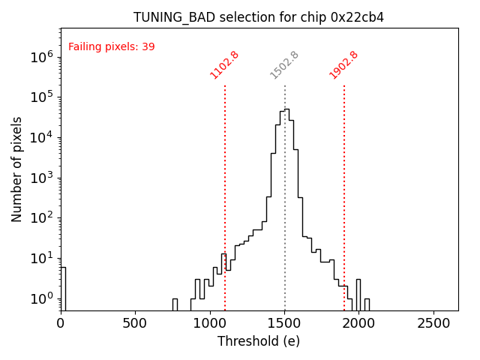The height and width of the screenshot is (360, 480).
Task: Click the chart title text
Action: [x=259, y=17]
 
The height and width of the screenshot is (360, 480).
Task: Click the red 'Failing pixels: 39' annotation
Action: [x=111, y=46]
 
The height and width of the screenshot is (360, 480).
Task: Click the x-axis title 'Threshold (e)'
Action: [x=259, y=341]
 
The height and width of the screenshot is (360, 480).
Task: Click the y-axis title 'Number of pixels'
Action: [x=17, y=169]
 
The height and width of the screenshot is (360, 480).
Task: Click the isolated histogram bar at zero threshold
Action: [x=63, y=289]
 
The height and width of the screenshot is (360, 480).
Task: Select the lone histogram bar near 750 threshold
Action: [x=175, y=304]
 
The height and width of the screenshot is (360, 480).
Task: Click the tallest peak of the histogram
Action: [x=286, y=109]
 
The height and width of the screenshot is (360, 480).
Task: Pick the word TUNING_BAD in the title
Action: [x=167, y=17]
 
